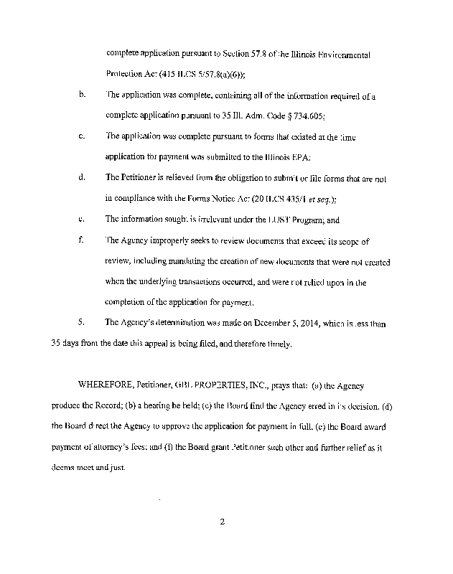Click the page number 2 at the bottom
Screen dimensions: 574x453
click(x=223, y=522)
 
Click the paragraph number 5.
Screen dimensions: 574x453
click(x=82, y=324)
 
